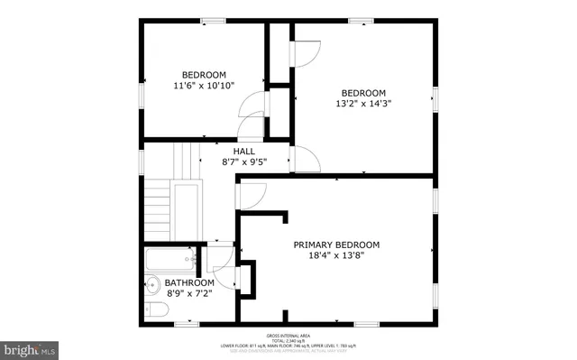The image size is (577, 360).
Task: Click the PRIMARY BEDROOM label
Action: coord(335,245)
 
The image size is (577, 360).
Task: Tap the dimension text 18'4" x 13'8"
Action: coord(335,255)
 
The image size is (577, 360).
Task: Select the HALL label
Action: coord(243,152)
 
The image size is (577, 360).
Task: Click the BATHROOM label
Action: coord(189,282)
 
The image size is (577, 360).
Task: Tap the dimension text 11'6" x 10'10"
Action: coord(204,86)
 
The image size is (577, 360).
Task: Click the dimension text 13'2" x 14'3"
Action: coord(362,103)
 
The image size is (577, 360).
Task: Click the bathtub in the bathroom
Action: coord(169,261)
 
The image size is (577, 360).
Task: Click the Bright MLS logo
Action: coord(30,347)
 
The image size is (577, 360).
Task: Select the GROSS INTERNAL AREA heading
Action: coord(295,334)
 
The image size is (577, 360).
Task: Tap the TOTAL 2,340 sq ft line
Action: coord(295,339)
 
